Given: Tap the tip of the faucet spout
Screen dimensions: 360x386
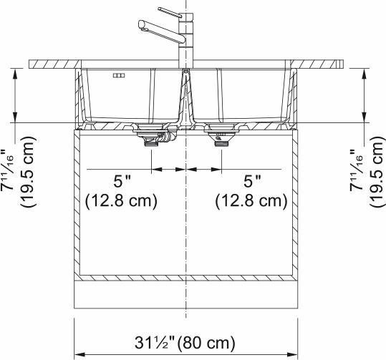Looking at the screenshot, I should tap(142, 26).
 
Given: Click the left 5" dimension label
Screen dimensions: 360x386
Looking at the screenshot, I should tap(118, 183).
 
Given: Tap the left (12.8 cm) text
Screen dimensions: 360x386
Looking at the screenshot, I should tap(120, 201).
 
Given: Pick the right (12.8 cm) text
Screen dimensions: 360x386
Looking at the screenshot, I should tap(252, 201).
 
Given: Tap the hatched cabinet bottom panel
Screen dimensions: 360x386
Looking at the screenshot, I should tap(185, 276).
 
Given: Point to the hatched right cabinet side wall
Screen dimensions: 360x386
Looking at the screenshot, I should tap(294, 204).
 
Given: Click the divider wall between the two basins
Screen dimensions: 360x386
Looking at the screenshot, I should tap(185, 100).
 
